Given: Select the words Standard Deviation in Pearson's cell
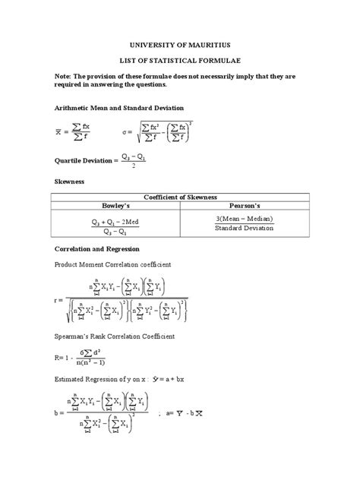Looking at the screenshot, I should [x=243, y=229].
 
